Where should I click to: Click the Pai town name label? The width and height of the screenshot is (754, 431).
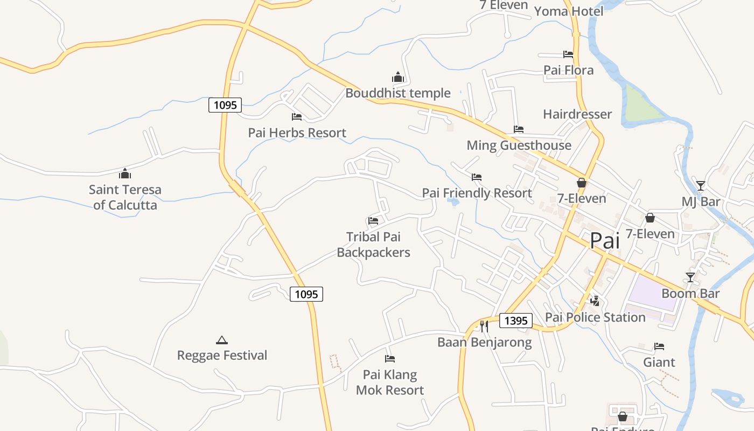[604, 240]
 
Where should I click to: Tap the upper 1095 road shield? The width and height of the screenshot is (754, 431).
[225, 105]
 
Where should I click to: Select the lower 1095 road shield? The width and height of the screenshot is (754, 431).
[306, 294]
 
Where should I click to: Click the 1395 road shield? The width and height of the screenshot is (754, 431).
[516, 321]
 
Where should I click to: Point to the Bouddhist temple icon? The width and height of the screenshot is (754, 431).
[398, 77]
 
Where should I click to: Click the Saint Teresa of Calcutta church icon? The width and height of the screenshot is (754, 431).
[125, 173]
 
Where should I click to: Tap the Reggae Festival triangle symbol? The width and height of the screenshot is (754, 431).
[221, 340]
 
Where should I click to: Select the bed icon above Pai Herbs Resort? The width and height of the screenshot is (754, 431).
[297, 116]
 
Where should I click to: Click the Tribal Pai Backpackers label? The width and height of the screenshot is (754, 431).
[373, 244]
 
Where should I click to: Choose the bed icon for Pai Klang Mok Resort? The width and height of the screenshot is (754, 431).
[390, 358]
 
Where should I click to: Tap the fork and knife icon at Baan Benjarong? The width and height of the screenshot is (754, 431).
[484, 326]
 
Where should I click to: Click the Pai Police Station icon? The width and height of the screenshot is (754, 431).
[595, 301]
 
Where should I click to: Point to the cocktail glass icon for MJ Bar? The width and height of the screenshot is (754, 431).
[700, 186]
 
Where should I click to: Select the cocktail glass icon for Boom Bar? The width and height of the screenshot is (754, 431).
[690, 277]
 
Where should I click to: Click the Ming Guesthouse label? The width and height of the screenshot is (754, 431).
[519, 145]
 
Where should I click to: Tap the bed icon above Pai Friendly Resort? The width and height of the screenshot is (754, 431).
[477, 177]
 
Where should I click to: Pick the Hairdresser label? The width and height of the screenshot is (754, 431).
[577, 114]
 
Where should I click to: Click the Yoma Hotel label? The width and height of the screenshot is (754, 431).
[568, 11]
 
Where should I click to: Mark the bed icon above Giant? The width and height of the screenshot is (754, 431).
[659, 346]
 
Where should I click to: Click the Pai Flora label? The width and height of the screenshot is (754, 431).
[568, 70]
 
